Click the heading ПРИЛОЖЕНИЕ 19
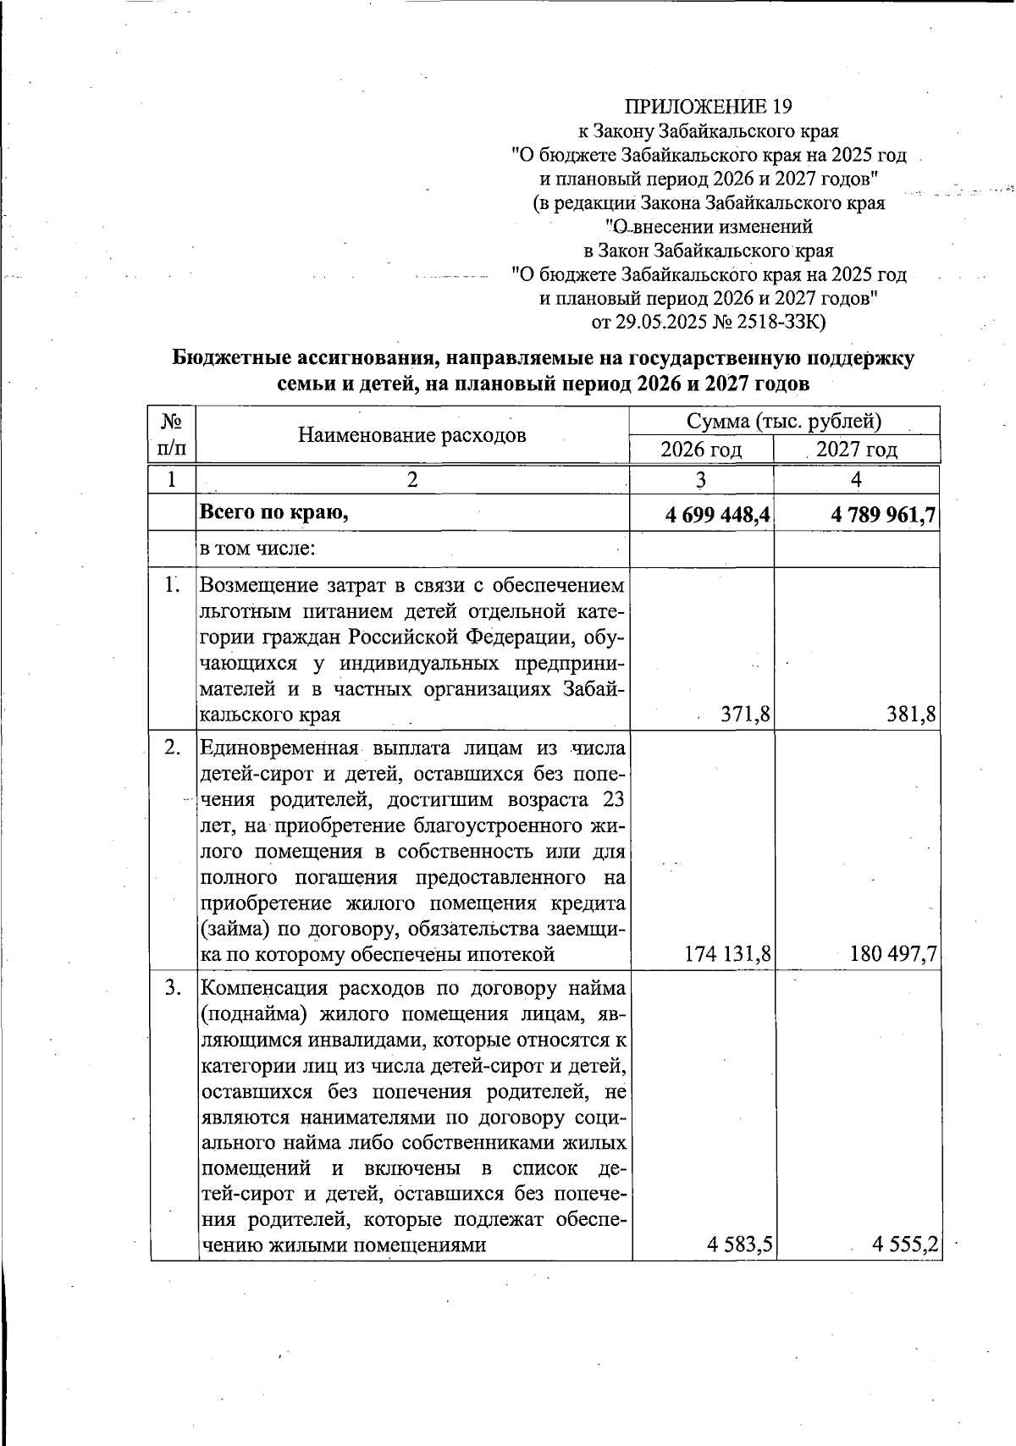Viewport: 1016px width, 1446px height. (708, 107)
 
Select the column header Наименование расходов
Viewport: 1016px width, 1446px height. (411, 435)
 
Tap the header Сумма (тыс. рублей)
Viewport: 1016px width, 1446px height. (784, 421)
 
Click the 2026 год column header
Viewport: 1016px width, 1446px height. (701, 450)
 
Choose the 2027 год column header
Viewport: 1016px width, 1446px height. (856, 450)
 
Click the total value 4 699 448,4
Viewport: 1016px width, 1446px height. (716, 514)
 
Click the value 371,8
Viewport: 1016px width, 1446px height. (745, 715)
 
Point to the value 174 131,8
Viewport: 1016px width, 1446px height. (728, 954)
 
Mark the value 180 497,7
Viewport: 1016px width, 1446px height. (893, 954)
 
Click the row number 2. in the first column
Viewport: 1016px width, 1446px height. (173, 748)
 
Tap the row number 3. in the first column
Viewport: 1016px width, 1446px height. (173, 988)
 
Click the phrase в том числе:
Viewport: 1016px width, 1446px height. (257, 549)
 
